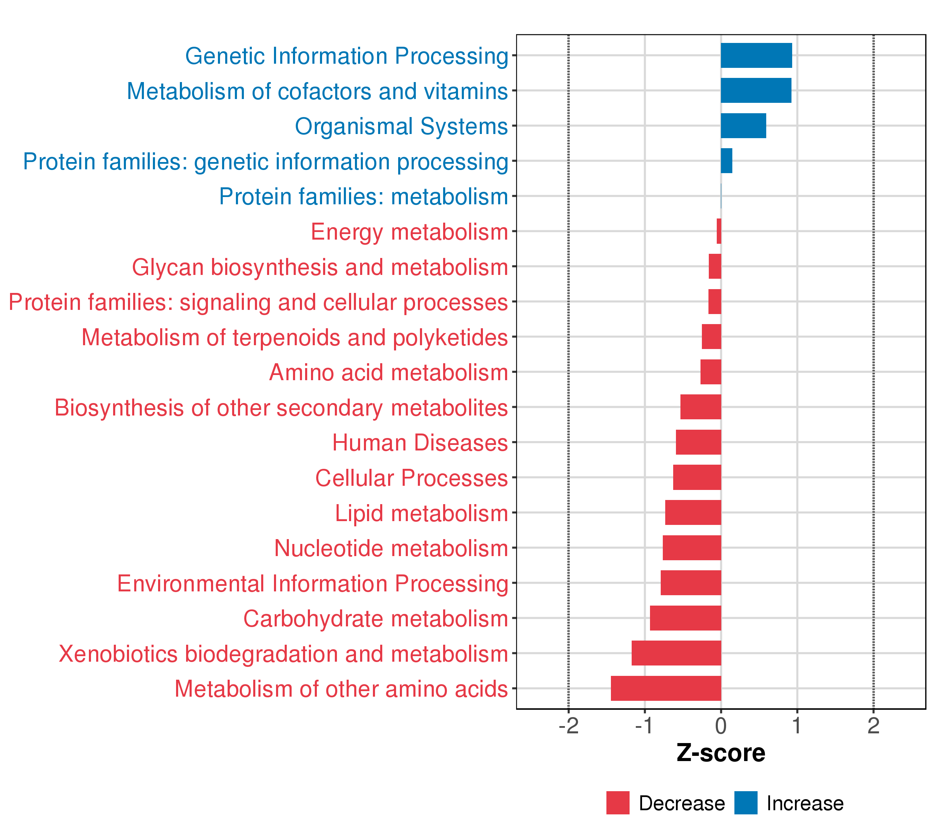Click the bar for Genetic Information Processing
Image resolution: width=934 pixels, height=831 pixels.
(756, 55)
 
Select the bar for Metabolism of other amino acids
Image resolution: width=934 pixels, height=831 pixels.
(666, 688)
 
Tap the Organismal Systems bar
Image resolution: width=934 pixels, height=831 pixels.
(743, 126)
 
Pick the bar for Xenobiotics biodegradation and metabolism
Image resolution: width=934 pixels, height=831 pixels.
(676, 653)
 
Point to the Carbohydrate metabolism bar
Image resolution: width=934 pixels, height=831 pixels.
(685, 618)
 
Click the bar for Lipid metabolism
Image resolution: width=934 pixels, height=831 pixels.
(693, 513)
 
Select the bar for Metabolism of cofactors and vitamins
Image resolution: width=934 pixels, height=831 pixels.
(756, 91)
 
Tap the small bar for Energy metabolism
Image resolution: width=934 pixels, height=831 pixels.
(719, 231)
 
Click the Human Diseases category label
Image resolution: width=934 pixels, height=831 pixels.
(420, 443)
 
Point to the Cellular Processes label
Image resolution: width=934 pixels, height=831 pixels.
(411, 478)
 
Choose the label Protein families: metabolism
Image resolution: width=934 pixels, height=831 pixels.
(363, 197)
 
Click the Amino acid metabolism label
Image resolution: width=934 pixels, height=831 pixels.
(388, 372)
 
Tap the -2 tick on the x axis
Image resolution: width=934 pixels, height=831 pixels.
(568, 726)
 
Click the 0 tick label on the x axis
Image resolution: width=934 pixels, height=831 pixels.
(721, 726)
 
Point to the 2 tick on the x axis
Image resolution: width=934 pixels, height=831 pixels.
(873, 726)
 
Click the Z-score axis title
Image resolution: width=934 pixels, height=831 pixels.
(721, 753)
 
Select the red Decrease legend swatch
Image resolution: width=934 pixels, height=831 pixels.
(618, 803)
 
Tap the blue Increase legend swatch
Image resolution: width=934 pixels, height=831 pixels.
(746, 803)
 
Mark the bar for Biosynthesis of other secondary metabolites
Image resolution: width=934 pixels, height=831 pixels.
(700, 407)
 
